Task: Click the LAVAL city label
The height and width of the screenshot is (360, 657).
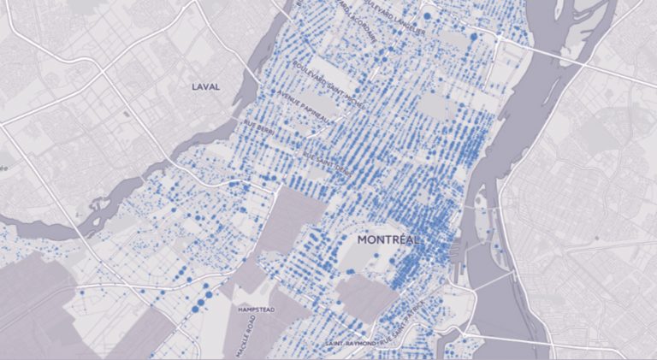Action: click(x=206, y=86)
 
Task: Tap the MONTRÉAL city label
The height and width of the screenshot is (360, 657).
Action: click(x=388, y=240)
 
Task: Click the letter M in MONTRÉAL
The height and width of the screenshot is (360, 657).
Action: click(x=363, y=240)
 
